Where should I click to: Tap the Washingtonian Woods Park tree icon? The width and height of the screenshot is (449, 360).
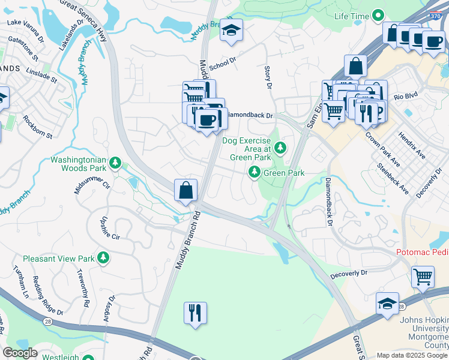coord(116,163)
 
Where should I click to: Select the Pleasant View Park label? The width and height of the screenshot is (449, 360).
coord(59,259)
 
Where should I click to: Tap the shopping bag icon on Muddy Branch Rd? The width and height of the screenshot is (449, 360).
coord(186,191)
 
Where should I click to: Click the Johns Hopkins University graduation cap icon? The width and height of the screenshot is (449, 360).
coord(387,304)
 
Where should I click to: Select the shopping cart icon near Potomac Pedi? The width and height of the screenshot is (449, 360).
coord(423,277)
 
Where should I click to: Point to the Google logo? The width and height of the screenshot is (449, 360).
coord(20,352)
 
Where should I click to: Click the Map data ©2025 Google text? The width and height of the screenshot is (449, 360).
coord(412,355)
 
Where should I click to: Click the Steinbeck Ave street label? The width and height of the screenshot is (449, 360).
coord(393,179)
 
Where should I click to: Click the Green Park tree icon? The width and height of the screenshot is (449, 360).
coord(255,173)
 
